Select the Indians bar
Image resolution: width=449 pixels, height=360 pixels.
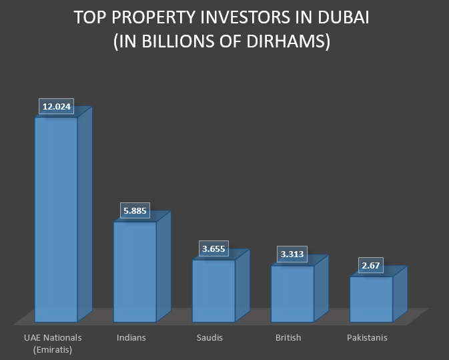coord(134,271)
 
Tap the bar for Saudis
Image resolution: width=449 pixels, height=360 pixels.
coord(213,290)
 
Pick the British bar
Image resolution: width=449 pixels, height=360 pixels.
coord(292,293)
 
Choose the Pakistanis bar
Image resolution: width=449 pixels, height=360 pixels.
coord(371,299)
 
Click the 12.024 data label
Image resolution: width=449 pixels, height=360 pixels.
coord(56,107)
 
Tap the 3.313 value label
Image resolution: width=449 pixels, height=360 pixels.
coord(292,255)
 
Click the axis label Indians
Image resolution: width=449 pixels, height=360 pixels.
coord(131,338)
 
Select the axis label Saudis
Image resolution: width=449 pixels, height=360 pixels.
coord(209,338)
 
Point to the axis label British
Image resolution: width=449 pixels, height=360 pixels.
coord(288,338)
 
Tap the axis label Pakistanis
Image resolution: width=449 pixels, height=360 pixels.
coord(367,338)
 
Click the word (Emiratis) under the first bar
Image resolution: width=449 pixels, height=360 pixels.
coord(52,349)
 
